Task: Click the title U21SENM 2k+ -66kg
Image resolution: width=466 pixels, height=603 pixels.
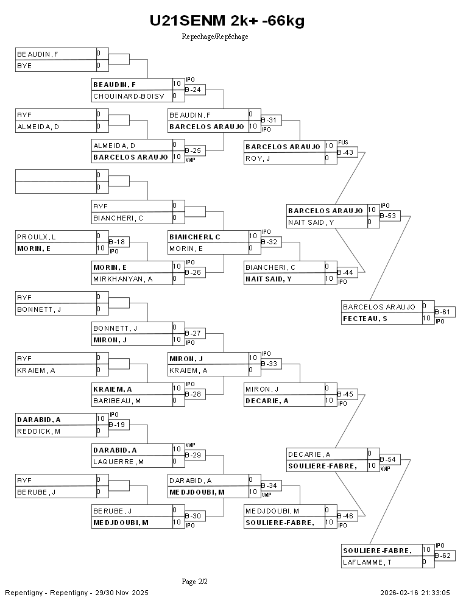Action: coord(227,21)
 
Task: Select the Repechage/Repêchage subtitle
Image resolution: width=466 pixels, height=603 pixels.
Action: coord(215,37)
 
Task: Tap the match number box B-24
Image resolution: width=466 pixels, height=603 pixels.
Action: coord(195,90)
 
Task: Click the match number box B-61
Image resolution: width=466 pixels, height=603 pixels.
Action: coord(445,312)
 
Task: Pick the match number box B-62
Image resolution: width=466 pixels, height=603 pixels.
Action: coord(445,556)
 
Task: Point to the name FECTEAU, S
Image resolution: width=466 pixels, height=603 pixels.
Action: coord(365,319)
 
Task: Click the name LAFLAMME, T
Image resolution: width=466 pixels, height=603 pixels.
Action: coord(367,562)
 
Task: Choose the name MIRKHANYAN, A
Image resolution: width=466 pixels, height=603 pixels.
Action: coord(122,279)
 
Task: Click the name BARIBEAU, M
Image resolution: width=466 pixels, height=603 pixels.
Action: coord(117,401)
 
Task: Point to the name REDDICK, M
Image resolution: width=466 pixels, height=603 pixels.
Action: coord(38,431)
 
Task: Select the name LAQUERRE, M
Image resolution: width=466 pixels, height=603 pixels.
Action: coord(118,462)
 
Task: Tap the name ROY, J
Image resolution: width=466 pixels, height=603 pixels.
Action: coord(258,158)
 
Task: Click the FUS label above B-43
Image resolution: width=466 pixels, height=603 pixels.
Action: coord(343,142)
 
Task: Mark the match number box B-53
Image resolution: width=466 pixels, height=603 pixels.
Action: coord(390,216)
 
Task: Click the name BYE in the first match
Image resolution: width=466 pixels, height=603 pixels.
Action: coord(25,66)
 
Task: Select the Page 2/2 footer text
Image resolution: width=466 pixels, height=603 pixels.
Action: coord(195,582)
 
